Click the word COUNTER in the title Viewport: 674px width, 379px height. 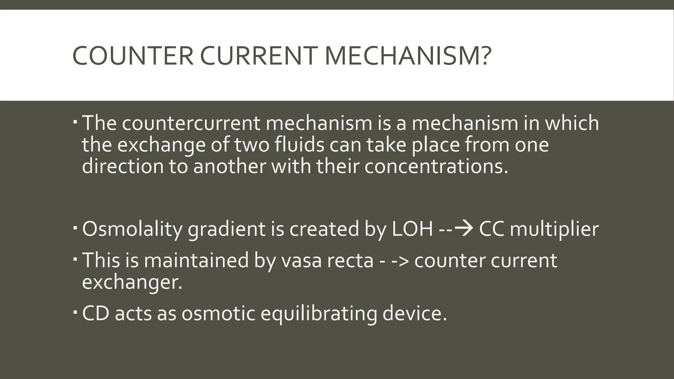(x=132, y=56)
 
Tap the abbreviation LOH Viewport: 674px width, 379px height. (x=412, y=229)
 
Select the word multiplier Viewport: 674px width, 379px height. (x=554, y=229)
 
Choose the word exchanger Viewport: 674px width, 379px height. (x=132, y=282)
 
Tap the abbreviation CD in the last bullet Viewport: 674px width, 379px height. (x=95, y=314)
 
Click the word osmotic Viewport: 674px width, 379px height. (x=218, y=314)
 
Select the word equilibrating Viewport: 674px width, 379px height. (x=319, y=314)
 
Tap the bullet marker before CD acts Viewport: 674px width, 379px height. (x=75, y=311)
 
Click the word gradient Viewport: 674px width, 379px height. (x=226, y=229)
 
